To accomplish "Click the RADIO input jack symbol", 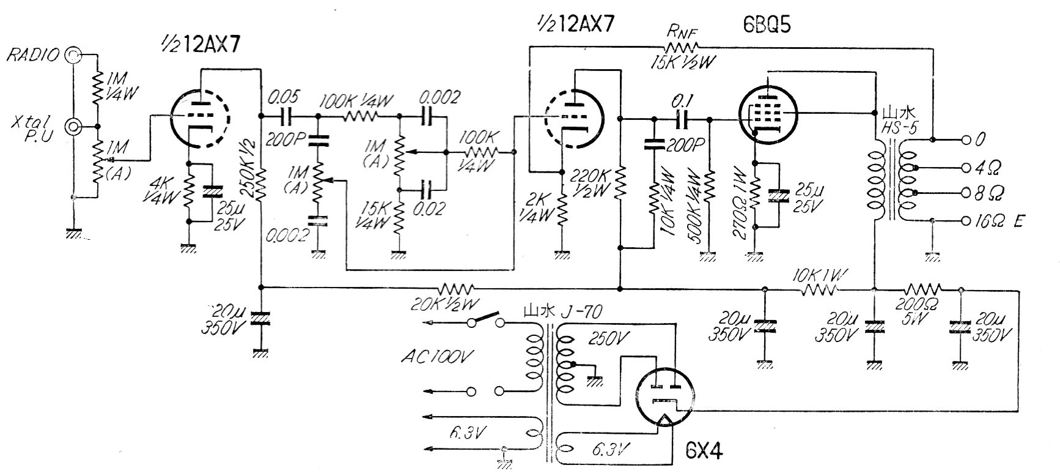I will coord(74,55).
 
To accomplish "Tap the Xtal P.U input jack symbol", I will coord(74,127).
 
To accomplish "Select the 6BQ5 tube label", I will coord(759,25).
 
